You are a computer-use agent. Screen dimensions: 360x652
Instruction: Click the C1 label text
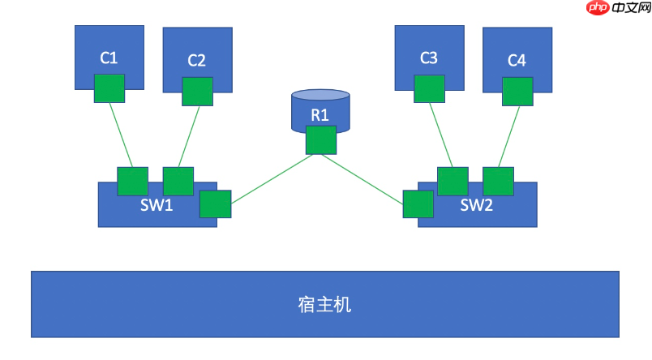pos(109,58)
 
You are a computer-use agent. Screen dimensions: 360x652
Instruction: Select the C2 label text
pos(197,60)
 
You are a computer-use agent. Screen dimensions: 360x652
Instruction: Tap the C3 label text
pos(429,58)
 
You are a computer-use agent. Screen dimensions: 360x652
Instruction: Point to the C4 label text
pos(517,60)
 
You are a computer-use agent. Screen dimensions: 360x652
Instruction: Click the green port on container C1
pos(109,88)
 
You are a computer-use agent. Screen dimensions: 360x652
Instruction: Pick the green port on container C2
pos(197,91)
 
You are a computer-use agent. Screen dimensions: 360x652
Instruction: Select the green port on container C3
pos(429,88)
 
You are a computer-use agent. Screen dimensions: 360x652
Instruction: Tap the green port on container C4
pos(517,91)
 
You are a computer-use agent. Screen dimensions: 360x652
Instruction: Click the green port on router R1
pos(321,139)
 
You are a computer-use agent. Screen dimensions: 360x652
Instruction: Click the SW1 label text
pos(157,204)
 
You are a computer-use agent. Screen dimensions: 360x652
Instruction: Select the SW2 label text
pos(477,204)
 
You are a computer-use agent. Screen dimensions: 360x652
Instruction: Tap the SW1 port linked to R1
pos(216,204)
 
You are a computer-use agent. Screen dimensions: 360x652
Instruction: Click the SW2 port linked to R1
pos(418,204)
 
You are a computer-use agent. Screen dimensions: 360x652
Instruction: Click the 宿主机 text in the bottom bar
pos(324,305)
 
